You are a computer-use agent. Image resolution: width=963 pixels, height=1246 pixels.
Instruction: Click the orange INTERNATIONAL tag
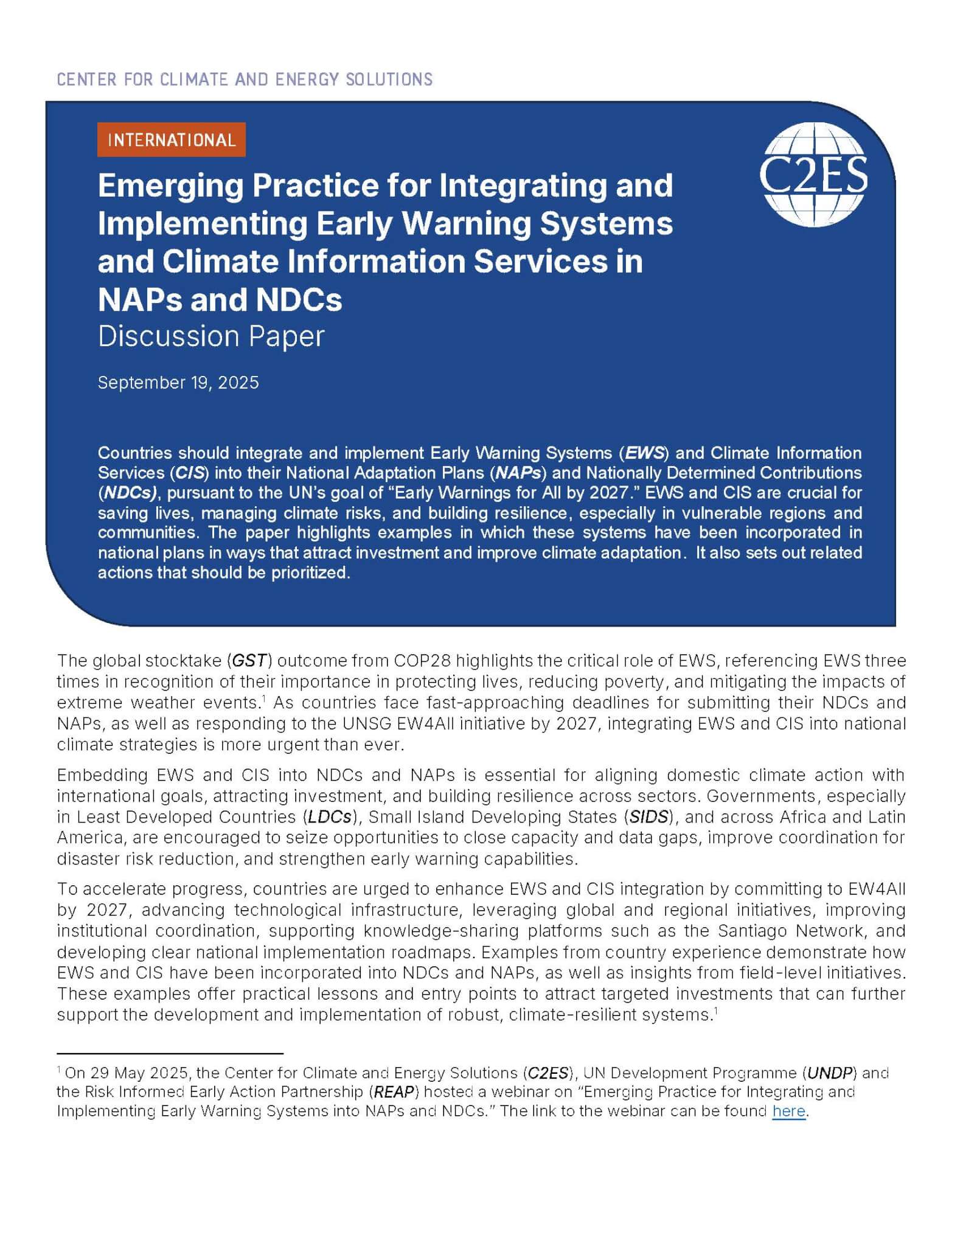[x=171, y=140]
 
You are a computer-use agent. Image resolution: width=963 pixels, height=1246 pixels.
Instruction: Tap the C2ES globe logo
[x=814, y=174]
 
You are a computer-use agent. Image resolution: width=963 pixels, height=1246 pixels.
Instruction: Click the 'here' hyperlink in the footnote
[x=788, y=1111]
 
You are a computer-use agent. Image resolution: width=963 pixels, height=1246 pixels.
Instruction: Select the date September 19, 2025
[x=178, y=382]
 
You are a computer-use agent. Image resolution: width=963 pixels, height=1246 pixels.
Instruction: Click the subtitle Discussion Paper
[x=211, y=336]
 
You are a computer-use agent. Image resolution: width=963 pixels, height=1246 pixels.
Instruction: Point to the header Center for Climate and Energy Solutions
[x=245, y=79]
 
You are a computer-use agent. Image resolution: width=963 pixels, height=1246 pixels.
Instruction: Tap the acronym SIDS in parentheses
[x=649, y=816]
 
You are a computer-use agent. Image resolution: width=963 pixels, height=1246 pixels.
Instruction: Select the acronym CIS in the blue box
[x=189, y=473]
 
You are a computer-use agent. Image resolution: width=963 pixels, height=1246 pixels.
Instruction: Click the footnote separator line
[x=170, y=1053]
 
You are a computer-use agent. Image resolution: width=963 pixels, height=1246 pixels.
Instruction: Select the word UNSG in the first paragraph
[x=363, y=723]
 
